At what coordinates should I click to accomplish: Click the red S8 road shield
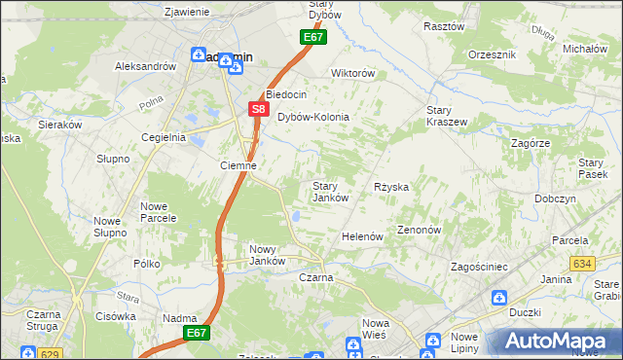(257, 110)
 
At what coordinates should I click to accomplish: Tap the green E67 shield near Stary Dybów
(311, 37)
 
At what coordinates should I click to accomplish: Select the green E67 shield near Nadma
(197, 333)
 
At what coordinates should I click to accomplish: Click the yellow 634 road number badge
(582, 264)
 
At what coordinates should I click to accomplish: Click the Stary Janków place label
(330, 192)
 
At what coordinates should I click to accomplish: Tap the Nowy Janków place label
(267, 254)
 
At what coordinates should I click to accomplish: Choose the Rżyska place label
(391, 186)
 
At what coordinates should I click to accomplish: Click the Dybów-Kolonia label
(313, 117)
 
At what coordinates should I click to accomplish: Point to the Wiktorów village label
(353, 73)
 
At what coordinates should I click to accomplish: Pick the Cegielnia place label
(163, 137)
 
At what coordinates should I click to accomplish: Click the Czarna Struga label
(44, 321)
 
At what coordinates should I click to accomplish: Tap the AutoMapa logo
(554, 342)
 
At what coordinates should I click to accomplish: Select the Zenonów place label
(420, 231)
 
